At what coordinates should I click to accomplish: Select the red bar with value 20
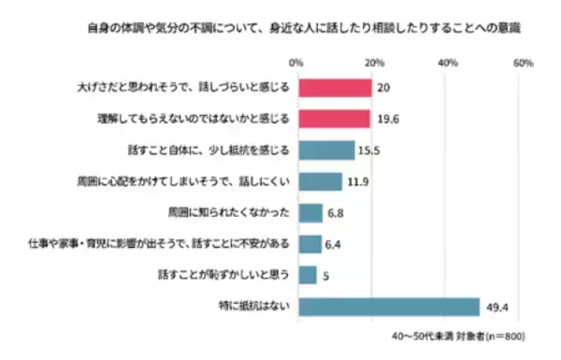tap(335, 87)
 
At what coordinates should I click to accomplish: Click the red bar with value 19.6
tap(334, 119)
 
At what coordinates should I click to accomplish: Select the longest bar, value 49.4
tap(391, 307)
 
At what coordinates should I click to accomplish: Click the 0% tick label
tap(297, 63)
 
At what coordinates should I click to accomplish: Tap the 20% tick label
tap(373, 63)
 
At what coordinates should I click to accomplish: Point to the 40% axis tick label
tap(448, 63)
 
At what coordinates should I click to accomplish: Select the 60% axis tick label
tap(524, 63)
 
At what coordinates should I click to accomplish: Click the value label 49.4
tap(497, 307)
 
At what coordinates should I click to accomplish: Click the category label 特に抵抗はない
tap(252, 307)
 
